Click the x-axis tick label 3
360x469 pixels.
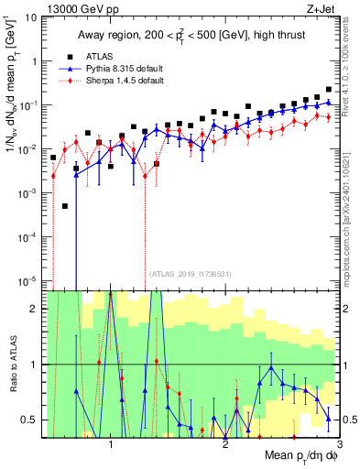click(339, 442)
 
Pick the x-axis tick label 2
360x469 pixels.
click(225, 442)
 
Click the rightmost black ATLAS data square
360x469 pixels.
click(329, 90)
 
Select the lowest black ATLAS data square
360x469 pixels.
click(65, 206)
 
